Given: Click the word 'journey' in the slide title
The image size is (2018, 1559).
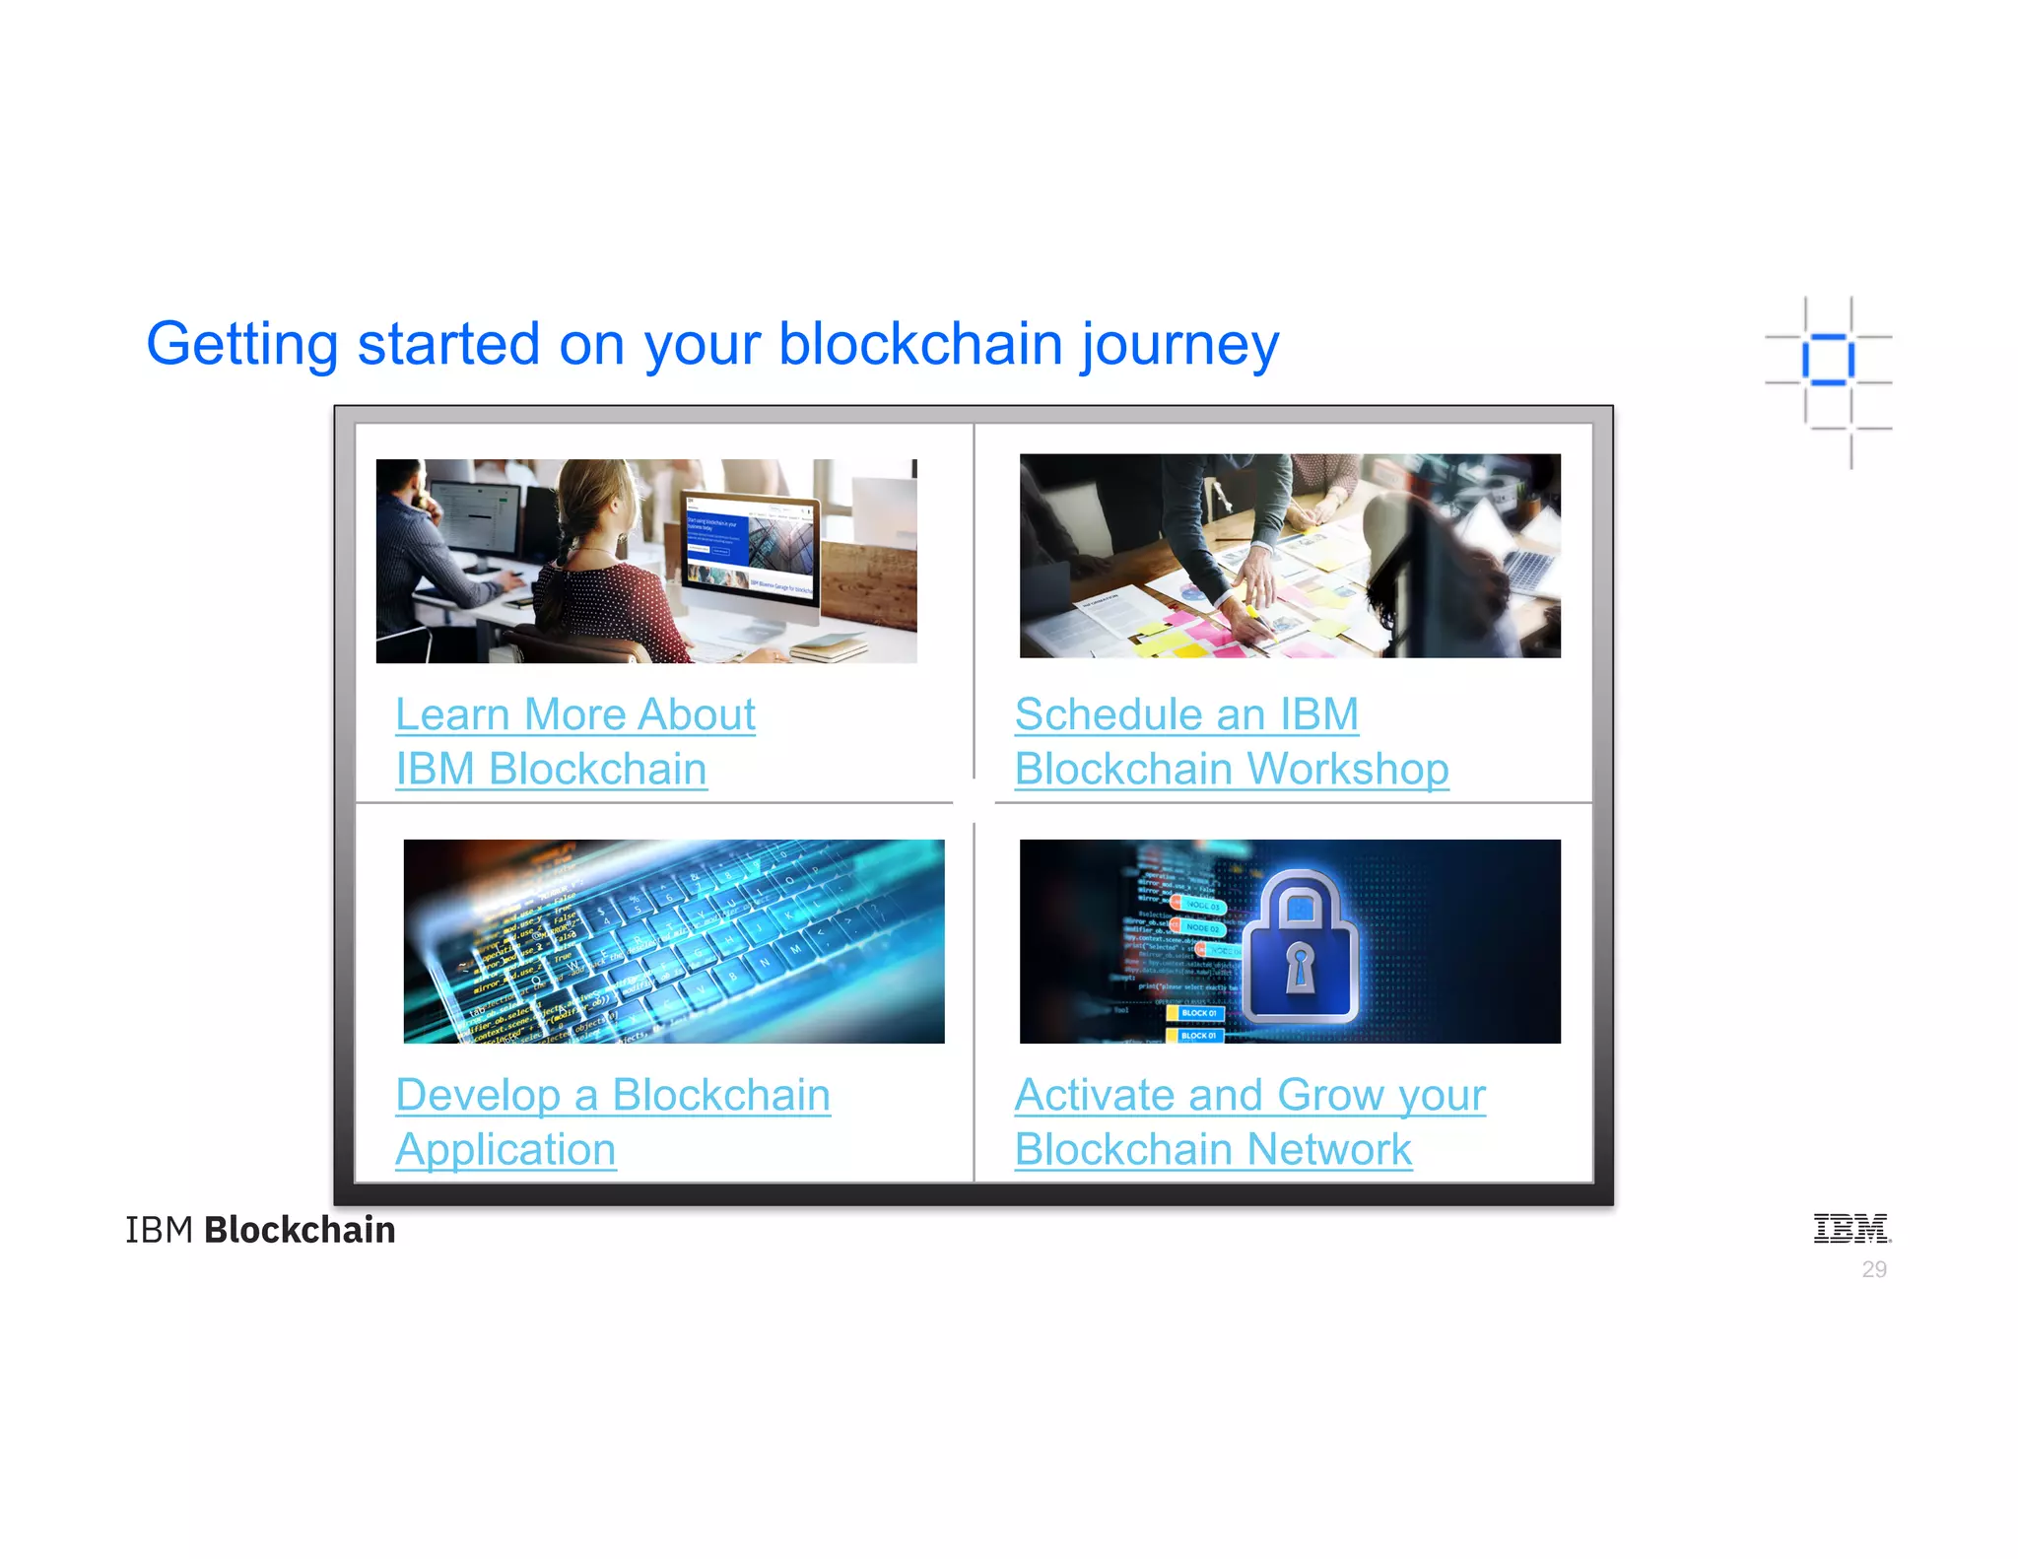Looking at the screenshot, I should pos(1179,345).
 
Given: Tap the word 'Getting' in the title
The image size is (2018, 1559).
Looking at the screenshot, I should pos(242,345).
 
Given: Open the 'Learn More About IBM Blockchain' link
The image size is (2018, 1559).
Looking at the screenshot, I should pos(574,741).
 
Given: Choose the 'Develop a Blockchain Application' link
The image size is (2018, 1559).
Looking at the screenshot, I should pos(612,1121).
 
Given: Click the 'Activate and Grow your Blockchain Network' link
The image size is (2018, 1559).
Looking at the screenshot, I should pos(1249,1121).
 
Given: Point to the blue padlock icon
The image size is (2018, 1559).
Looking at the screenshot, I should pos(1300,950).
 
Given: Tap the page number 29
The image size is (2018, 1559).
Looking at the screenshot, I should pos(1873,1269).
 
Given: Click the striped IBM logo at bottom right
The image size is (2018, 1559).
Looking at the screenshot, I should pos(1851,1228).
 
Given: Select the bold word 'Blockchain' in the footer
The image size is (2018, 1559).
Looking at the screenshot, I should pos(300,1230).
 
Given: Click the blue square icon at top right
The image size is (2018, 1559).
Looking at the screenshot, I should pos(1828,360).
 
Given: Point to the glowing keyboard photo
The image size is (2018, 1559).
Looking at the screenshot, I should pos(674,941).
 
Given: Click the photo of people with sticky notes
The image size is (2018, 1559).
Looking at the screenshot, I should pos(1290,556).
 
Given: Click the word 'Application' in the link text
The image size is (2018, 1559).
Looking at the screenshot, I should pos(505,1149).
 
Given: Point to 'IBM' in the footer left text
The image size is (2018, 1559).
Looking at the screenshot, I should pos(159,1230).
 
